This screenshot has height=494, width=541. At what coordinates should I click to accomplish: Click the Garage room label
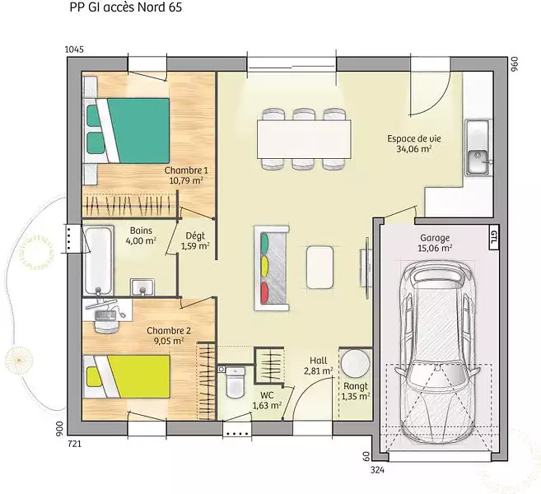[435, 238]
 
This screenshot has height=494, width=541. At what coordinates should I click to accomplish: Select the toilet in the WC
[236, 382]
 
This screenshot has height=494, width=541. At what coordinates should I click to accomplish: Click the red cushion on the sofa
[264, 292]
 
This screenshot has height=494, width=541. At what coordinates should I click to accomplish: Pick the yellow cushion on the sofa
[264, 266]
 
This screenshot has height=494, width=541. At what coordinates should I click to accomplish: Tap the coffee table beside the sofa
[319, 267]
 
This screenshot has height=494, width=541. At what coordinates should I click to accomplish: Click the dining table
[304, 139]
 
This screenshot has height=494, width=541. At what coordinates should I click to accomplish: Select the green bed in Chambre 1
[127, 130]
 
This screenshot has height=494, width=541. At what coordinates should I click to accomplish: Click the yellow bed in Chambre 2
[127, 377]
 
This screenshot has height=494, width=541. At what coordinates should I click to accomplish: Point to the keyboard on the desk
[105, 315]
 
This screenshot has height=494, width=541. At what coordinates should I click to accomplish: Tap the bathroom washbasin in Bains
[142, 287]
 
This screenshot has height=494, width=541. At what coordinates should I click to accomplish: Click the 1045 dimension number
[74, 49]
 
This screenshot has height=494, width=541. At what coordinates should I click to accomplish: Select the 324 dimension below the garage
[378, 469]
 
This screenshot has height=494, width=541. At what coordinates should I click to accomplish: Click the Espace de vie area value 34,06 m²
[414, 149]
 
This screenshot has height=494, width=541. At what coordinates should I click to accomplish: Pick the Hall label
[318, 361]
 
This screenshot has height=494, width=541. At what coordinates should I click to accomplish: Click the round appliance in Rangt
[355, 363]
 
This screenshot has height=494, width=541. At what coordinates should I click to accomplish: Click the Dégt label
[195, 236]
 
